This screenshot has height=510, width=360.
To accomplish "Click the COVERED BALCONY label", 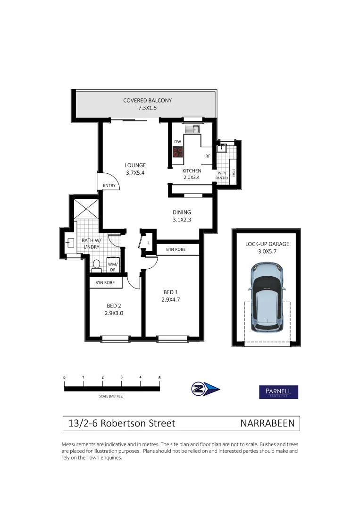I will (x=147, y=101).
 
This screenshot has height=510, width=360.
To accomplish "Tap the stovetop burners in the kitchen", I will (x=178, y=152).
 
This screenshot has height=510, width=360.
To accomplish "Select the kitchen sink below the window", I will (x=193, y=128).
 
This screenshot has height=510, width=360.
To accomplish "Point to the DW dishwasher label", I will (x=177, y=142).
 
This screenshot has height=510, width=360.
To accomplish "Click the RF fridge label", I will (x=207, y=155).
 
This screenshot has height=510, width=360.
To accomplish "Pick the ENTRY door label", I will (x=109, y=186).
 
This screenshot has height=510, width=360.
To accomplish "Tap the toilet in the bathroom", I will (x=97, y=264).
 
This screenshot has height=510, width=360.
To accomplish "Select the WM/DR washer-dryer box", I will (x=113, y=267).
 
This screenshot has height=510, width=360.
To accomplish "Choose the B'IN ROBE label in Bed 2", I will (x=106, y=282).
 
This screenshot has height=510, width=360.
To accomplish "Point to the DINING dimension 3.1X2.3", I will (x=181, y=220).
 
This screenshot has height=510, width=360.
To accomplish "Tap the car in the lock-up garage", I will (x=267, y=297).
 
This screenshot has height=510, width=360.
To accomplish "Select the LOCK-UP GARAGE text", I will (x=267, y=244).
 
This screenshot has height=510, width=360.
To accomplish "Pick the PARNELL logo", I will (x=278, y=392).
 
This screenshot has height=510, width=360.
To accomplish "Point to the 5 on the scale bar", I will (x=159, y=378).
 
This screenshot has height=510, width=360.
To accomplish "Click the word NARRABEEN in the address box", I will (x=267, y=424).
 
